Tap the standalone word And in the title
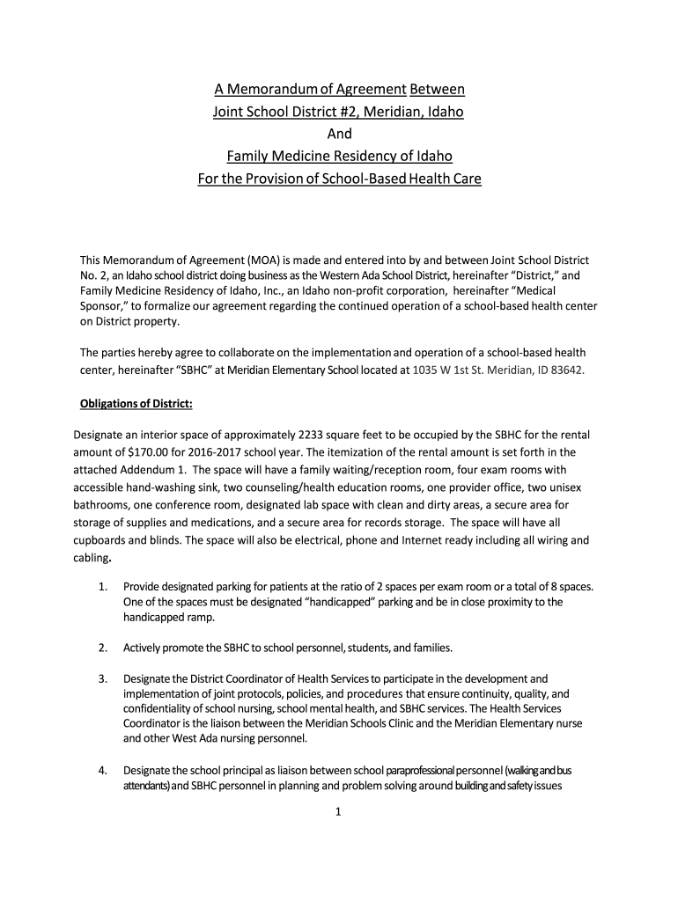[339, 134]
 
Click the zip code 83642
[564, 370]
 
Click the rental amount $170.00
[141, 451]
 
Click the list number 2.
[103, 648]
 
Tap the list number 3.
[103, 679]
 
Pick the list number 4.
[103, 772]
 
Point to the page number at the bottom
[339, 812]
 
